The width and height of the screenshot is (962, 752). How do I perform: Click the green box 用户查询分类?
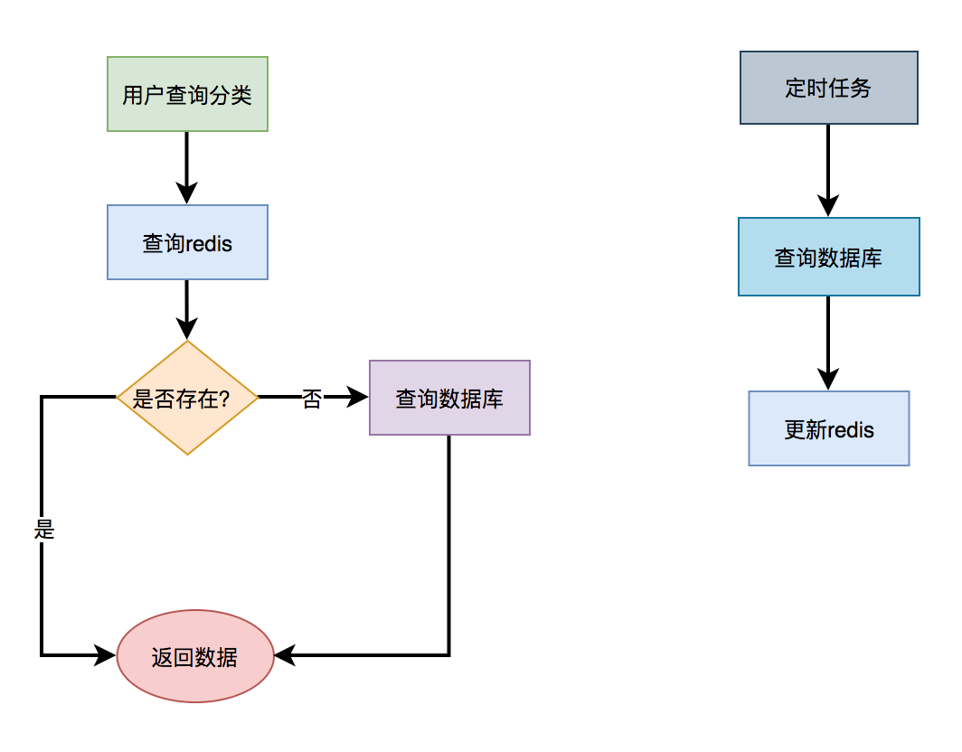[187, 94]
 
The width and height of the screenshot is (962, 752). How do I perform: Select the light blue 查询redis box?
[187, 242]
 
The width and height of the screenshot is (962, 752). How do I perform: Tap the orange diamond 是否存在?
[187, 398]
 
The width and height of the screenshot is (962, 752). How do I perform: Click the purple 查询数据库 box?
[449, 398]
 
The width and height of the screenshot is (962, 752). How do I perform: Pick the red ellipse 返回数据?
[195, 657]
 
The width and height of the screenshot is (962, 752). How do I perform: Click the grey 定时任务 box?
[828, 88]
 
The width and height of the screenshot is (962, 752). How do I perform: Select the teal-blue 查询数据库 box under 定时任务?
[828, 257]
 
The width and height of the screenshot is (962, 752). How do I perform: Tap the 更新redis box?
[828, 428]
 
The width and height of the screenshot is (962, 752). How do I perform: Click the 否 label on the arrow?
[311, 399]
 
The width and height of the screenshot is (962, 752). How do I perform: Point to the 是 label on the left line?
[44, 530]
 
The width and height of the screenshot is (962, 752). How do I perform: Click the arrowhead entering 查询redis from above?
[187, 193]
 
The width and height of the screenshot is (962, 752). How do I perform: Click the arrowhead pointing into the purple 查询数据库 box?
[359, 397]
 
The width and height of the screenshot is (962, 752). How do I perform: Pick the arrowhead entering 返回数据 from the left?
[107, 656]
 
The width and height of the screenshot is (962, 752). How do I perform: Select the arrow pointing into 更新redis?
[828, 343]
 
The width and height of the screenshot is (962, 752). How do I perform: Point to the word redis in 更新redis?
[851, 429]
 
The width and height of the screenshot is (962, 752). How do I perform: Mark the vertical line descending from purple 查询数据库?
[449, 542]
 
